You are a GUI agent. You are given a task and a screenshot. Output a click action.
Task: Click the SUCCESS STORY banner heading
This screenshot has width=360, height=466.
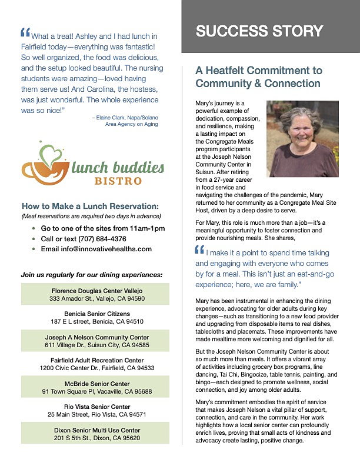[x=259, y=31]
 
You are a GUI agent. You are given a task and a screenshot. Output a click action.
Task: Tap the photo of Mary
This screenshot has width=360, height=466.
[x=302, y=139]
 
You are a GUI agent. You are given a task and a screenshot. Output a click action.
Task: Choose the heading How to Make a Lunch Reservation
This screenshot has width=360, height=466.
[x=90, y=206]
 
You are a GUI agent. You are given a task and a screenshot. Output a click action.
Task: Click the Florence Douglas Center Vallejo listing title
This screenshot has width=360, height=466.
[x=96, y=291]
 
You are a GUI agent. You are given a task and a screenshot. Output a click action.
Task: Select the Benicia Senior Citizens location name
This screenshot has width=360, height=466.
[x=96, y=314]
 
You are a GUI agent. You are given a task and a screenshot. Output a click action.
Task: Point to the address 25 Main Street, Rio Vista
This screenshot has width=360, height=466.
[x=96, y=414]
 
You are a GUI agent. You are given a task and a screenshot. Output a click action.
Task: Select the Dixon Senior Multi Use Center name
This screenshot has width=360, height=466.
[x=96, y=430]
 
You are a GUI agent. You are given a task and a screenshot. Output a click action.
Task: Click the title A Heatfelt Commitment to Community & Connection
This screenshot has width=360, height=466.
[x=258, y=77]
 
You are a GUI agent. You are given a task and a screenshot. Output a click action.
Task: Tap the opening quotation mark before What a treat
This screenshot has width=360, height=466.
[x=25, y=33]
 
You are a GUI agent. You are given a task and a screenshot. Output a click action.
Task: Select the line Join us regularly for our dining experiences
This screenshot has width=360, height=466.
[x=92, y=275]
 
